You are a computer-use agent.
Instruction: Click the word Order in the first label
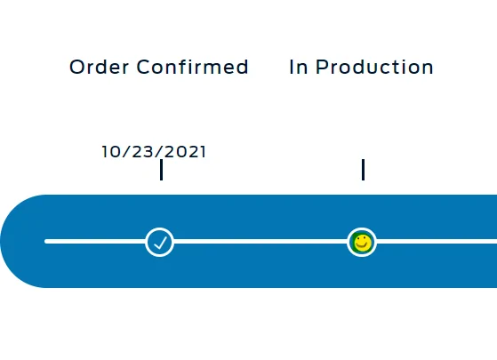(x=100, y=67)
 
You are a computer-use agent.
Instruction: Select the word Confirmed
(x=192, y=67)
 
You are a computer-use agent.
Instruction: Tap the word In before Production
(x=299, y=68)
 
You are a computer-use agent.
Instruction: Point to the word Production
(x=374, y=68)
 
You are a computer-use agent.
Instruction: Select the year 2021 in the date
(x=186, y=151)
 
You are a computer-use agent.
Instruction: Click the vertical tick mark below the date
(x=162, y=170)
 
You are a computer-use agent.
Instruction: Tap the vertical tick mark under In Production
(x=364, y=170)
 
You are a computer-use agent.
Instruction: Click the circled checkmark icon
(x=159, y=242)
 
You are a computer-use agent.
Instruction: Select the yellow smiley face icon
(x=362, y=243)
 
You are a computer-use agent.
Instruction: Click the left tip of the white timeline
(x=45, y=242)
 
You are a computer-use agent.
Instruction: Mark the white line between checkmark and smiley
(x=261, y=242)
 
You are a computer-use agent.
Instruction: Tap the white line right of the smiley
(x=437, y=242)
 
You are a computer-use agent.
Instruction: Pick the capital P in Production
(x=322, y=68)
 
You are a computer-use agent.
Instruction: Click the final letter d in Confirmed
(x=242, y=67)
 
